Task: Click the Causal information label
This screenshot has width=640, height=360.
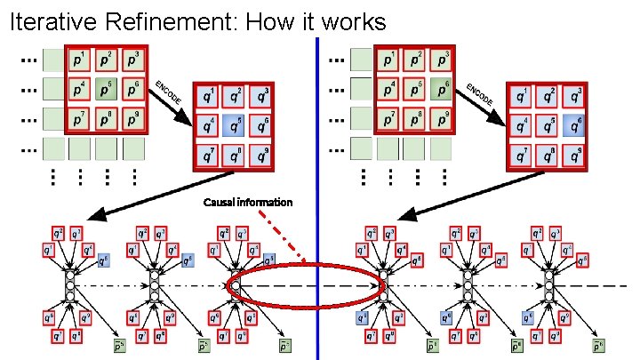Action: coord(247,203)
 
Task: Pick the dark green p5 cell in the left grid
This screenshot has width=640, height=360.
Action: coord(108,90)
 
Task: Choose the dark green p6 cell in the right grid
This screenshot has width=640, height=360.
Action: coord(439,90)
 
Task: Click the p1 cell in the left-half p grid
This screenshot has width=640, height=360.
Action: coord(80,61)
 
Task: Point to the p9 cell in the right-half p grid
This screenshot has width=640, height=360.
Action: coord(439,118)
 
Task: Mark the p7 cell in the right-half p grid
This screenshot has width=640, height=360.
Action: coord(386,118)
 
